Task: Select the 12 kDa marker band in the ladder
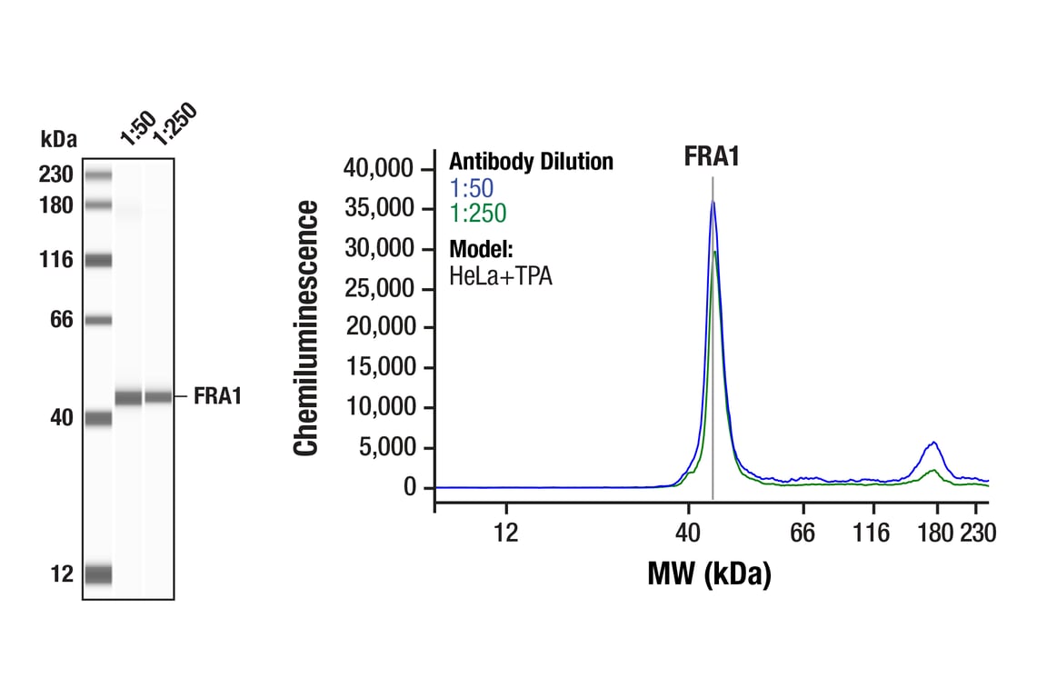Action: tap(97, 574)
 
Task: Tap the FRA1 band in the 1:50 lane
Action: tap(128, 397)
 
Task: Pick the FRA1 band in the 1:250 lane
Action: tap(158, 396)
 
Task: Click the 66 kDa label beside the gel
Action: tap(59, 320)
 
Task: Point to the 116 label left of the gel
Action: tap(55, 261)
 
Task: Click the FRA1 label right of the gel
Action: tap(217, 396)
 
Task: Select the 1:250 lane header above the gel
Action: tap(174, 125)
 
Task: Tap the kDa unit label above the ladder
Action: tap(59, 139)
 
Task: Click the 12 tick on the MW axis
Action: tap(506, 533)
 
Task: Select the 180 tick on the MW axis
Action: tap(933, 533)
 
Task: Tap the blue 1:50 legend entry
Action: tap(472, 188)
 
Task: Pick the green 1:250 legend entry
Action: tap(477, 214)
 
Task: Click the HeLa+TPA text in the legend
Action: tap(501, 275)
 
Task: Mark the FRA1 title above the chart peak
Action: tap(712, 156)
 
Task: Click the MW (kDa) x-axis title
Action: tap(709, 573)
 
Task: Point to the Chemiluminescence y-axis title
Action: tap(306, 329)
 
